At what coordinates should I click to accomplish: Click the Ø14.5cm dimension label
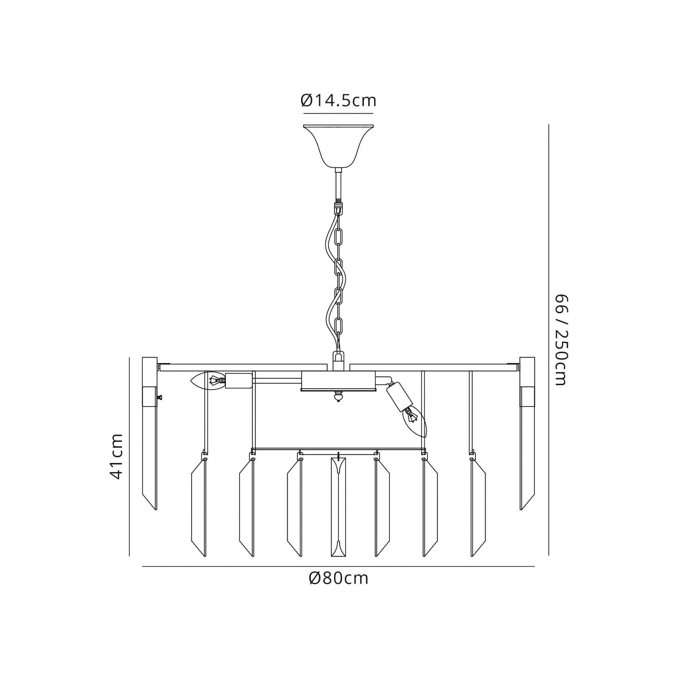coord(338,101)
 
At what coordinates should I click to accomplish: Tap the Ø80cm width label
coord(339,578)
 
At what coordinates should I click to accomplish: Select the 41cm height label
coord(116,456)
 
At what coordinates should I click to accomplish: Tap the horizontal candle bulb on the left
coord(207,380)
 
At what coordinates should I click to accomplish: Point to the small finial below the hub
coord(338,397)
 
